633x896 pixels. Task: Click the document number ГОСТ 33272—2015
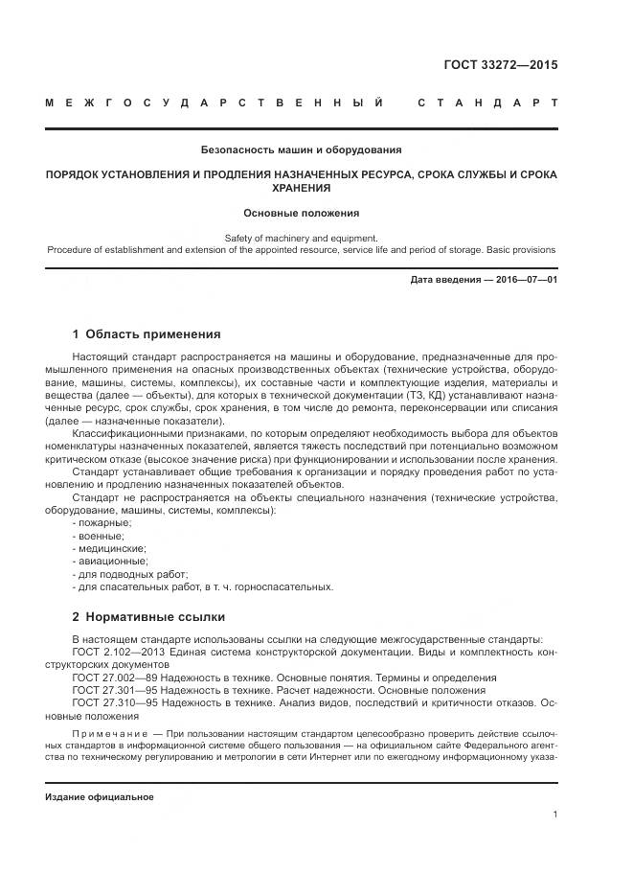coord(500,66)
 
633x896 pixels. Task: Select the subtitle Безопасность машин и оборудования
coord(301,150)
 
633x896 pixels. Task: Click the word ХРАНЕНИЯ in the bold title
coord(301,189)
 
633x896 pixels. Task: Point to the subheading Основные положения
coord(301,214)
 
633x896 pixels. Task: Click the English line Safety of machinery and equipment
coord(301,238)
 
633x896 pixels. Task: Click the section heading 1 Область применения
coord(147,334)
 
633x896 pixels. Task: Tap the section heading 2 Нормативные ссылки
coord(148,616)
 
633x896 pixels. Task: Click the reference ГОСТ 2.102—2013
coord(121,653)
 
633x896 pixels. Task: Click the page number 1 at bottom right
coord(555,815)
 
